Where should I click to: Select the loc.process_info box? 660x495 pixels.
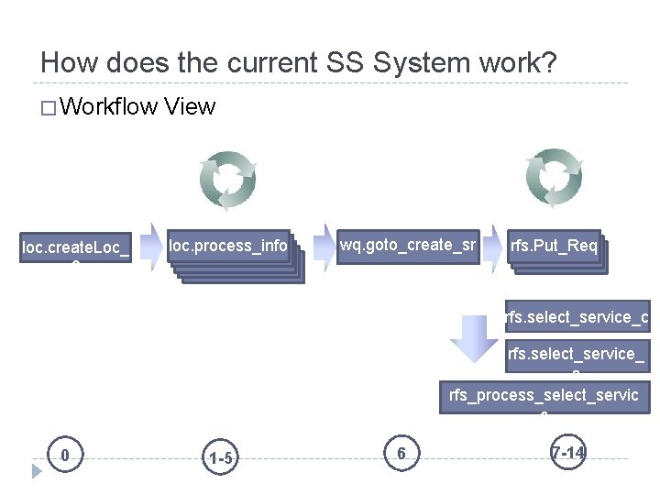[x=228, y=246]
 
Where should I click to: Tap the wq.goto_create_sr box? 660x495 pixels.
[x=408, y=245]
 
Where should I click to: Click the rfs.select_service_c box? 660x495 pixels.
[x=577, y=317]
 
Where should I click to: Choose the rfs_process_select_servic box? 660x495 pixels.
[x=544, y=396]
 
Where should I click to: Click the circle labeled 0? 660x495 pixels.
[x=64, y=455]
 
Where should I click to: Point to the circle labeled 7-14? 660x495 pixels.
[x=568, y=453]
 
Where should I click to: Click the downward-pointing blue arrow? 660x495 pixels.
[x=474, y=337]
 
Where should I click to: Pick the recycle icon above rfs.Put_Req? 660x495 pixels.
[x=554, y=178]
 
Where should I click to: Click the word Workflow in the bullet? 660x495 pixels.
[x=108, y=107]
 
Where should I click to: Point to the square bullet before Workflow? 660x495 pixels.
[x=48, y=109]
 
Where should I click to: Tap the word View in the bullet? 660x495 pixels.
[x=191, y=107]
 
